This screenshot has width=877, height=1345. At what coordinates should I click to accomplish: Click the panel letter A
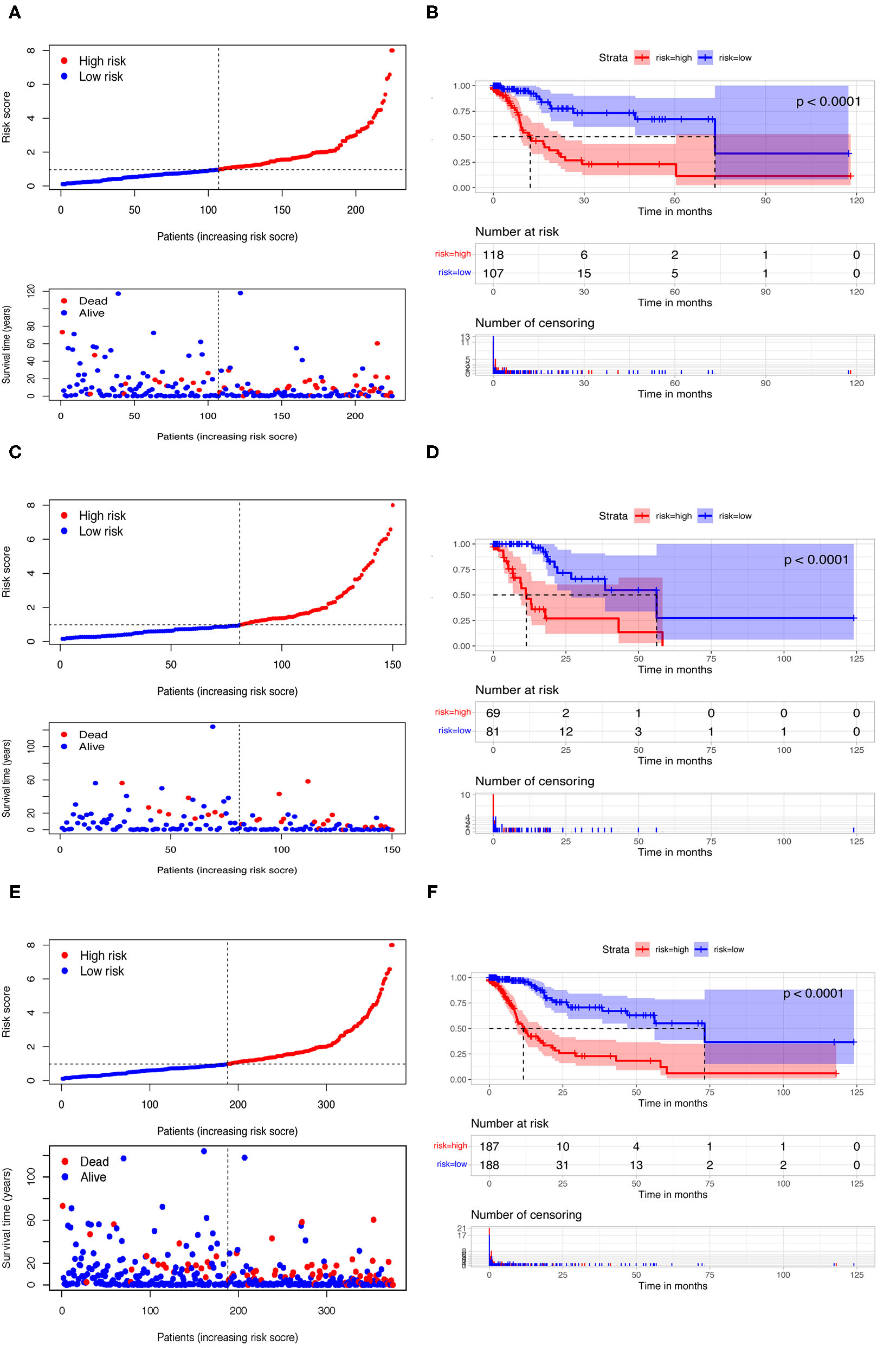(x=15, y=12)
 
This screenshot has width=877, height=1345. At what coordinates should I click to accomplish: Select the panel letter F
(x=432, y=891)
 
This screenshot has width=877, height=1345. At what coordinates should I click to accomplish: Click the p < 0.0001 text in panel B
(x=828, y=102)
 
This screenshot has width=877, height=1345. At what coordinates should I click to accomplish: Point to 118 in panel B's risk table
(x=493, y=255)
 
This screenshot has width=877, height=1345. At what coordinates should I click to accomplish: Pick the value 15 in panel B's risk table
(x=584, y=273)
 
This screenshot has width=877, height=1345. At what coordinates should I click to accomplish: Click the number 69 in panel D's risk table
(x=493, y=713)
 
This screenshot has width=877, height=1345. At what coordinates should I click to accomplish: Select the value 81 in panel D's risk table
(x=493, y=732)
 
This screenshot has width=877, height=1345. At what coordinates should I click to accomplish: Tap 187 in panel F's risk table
(x=489, y=1147)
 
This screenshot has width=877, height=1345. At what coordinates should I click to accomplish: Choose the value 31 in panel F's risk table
(x=563, y=1165)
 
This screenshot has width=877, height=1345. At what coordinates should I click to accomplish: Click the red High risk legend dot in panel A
(x=65, y=60)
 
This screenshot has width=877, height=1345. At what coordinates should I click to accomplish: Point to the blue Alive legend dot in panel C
(x=65, y=747)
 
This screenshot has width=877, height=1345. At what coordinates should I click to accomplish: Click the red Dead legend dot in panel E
(x=65, y=1161)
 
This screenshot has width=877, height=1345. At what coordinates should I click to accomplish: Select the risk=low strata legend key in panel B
(x=705, y=57)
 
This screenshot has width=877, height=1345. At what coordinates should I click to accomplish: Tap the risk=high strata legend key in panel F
(x=642, y=950)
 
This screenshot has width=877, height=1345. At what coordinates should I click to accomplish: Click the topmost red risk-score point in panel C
(x=392, y=505)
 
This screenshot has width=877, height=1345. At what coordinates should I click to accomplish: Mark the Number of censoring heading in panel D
(x=534, y=781)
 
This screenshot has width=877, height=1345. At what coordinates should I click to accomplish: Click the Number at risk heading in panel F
(x=510, y=1124)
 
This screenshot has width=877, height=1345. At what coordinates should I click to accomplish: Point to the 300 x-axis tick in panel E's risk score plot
(x=326, y=1104)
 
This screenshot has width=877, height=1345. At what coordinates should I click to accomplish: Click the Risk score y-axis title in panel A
(x=6, y=117)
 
